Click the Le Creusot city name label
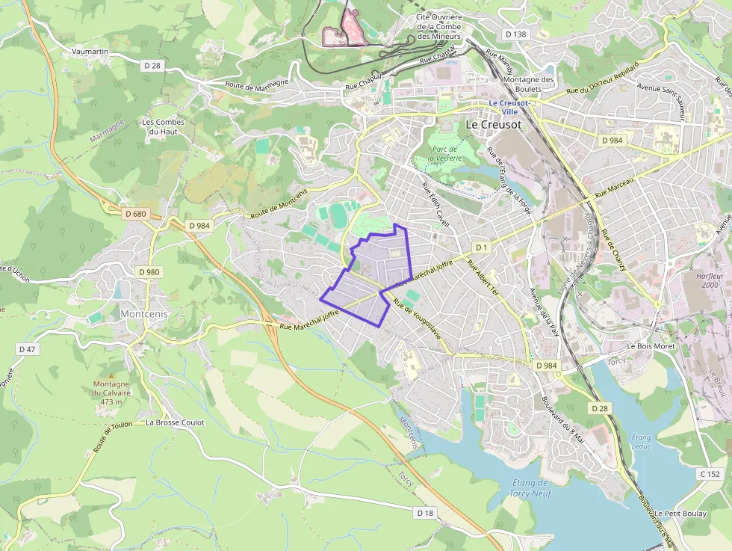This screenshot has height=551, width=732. (x=494, y=125)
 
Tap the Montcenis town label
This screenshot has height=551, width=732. (x=144, y=315)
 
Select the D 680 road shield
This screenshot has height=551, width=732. (x=136, y=214)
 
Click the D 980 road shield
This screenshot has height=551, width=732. (x=149, y=272)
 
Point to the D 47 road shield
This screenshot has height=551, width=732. (x=26, y=349)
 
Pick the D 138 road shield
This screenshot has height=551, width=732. (x=515, y=34)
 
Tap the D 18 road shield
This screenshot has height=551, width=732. (x=425, y=513)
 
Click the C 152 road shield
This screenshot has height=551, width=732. (x=710, y=474)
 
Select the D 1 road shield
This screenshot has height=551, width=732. (x=481, y=247)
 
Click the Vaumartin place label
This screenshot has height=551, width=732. (x=90, y=52)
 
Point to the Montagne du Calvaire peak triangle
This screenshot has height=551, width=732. (x=112, y=375)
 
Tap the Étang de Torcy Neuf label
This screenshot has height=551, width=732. (x=530, y=487)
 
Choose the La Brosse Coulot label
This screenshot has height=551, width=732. (x=175, y=422)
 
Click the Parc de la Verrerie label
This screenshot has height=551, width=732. (x=444, y=154)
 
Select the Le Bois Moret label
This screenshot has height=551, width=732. (x=651, y=346)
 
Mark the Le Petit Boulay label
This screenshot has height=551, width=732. (x=680, y=514)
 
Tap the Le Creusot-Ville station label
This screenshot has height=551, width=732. (x=509, y=107)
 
